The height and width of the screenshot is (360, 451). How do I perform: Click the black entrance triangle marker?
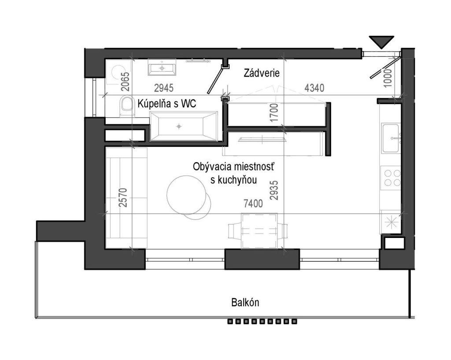coord(381,41)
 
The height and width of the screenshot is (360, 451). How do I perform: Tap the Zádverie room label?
coord(262,73)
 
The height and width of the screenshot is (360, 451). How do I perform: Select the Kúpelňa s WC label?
coord(167,103)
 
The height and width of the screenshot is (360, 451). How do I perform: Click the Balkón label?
coord(245,303)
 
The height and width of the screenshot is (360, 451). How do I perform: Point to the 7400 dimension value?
coord(253,204)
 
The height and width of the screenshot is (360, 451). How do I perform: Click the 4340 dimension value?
coord(314,88)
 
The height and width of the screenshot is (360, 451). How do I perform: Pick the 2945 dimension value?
coord(164,88)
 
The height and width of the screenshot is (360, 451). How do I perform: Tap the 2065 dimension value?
coord(126,82)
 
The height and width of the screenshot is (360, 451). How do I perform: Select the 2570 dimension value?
coord(123,197)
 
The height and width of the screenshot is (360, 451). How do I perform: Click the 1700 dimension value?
coord(275,112)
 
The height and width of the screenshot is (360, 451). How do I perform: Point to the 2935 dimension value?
coord(274,190)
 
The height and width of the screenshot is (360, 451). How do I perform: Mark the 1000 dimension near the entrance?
coord(388,78)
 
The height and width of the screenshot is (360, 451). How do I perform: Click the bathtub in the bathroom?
coord(184,126)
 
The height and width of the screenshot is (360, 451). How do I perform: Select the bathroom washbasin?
coord(162,67)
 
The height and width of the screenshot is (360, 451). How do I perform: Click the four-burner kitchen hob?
coord(391,178)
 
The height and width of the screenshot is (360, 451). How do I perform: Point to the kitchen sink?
coord(391,138)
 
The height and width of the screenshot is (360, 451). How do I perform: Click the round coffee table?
coord(188,195)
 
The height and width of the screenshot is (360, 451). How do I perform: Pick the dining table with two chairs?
coord(258,231)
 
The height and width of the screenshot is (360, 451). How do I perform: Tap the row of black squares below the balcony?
coord(262,321)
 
